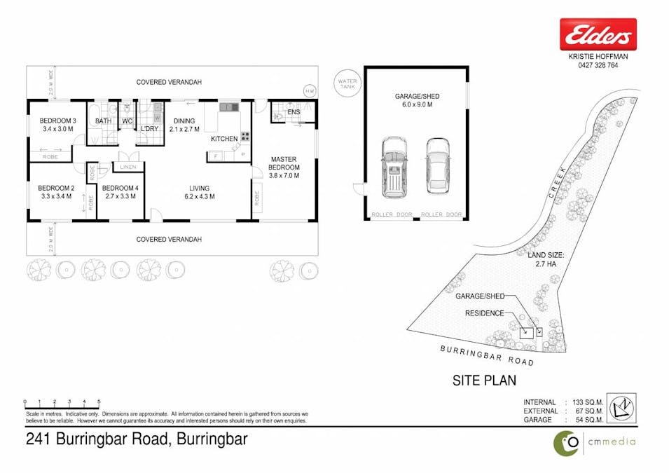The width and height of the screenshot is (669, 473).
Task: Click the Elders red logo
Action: click(598, 34)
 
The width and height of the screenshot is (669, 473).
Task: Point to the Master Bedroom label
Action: click(284, 167)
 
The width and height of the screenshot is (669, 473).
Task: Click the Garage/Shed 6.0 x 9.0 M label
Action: click(417, 100)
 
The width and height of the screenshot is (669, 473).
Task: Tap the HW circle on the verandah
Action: click(310, 91)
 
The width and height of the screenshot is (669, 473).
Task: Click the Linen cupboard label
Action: click(127, 167)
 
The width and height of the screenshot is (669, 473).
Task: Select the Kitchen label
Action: click(224, 139)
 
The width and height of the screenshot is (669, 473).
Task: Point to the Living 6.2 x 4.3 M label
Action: click(200, 192)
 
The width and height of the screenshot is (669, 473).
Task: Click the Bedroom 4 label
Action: click(119, 192)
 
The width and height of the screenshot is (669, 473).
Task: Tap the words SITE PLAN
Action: click(485, 381)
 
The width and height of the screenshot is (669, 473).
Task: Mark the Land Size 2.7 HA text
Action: click(545, 259)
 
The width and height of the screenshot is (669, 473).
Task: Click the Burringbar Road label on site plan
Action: click(487, 355)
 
